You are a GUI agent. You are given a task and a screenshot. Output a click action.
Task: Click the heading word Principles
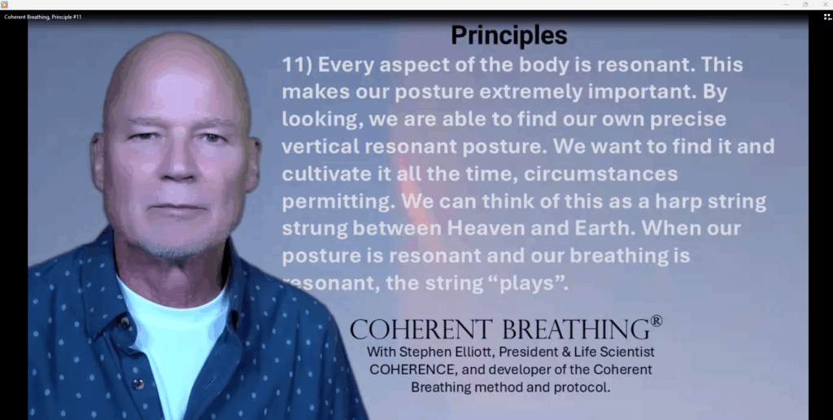pos(508,35)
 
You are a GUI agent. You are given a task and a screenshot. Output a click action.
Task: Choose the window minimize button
pos(786,4)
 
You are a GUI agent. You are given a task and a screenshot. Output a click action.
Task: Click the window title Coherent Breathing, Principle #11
pos(43,16)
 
